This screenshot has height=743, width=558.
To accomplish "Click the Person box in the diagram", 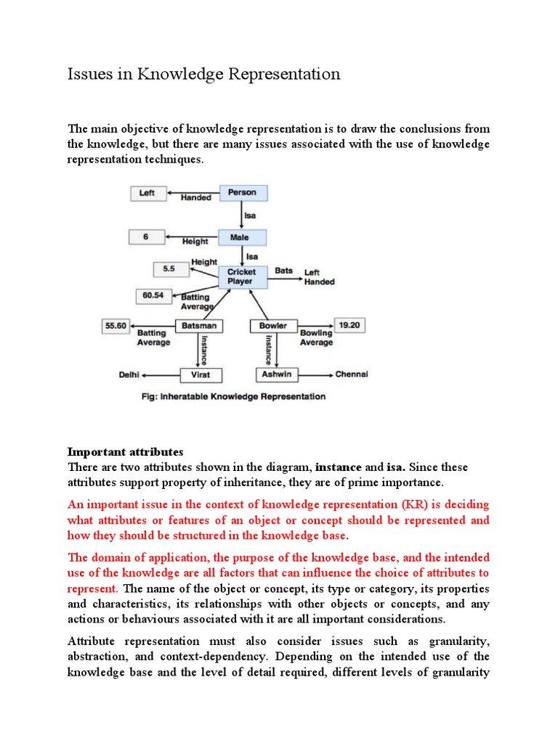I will point(242,193).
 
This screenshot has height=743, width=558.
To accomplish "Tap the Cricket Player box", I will point(241,276).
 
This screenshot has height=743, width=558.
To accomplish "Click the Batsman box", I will point(198,326).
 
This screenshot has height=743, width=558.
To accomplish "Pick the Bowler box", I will point(273,326).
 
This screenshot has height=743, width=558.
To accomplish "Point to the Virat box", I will point(201,374).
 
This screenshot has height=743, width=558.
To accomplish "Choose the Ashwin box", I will point(277,374).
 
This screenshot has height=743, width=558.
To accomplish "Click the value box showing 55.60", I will point(116,326).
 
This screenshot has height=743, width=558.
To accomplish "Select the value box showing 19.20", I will point(349,326).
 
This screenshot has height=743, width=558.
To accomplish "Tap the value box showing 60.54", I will point(153,296).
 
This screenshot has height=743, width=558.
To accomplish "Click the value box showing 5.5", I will point(169,268).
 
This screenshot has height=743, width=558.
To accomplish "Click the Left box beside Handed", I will point(147,193).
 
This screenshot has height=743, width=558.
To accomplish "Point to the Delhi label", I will point(129,374).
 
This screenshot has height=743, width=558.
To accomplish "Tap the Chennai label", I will point(351,374).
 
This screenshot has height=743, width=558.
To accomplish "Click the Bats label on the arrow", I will point(283,271).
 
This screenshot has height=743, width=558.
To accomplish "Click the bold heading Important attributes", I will point(126,452).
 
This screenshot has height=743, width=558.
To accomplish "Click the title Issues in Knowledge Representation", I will point(203,74).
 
